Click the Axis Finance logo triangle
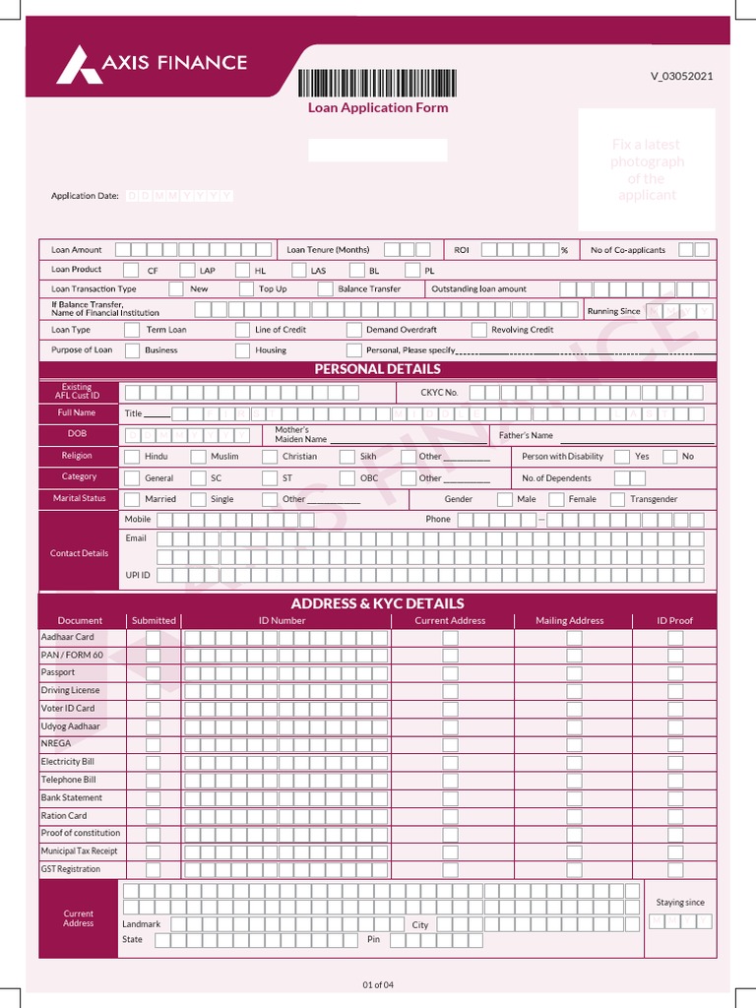(79, 65)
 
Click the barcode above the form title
(378, 84)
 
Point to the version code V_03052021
(681, 77)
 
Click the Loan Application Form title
(378, 108)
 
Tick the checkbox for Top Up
(245, 289)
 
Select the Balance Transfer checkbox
(325, 289)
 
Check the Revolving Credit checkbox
(478, 331)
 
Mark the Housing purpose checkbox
(242, 350)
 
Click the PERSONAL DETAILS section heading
(378, 369)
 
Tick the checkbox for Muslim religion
(198, 457)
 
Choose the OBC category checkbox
(346, 478)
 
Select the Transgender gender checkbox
(617, 500)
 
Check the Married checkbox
(132, 500)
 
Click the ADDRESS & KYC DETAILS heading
(378, 603)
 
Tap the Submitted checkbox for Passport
(153, 673)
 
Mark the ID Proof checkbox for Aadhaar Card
(675, 638)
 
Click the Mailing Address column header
(570, 621)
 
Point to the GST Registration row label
(71, 869)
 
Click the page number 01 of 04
(378, 984)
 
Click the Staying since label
(680, 903)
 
